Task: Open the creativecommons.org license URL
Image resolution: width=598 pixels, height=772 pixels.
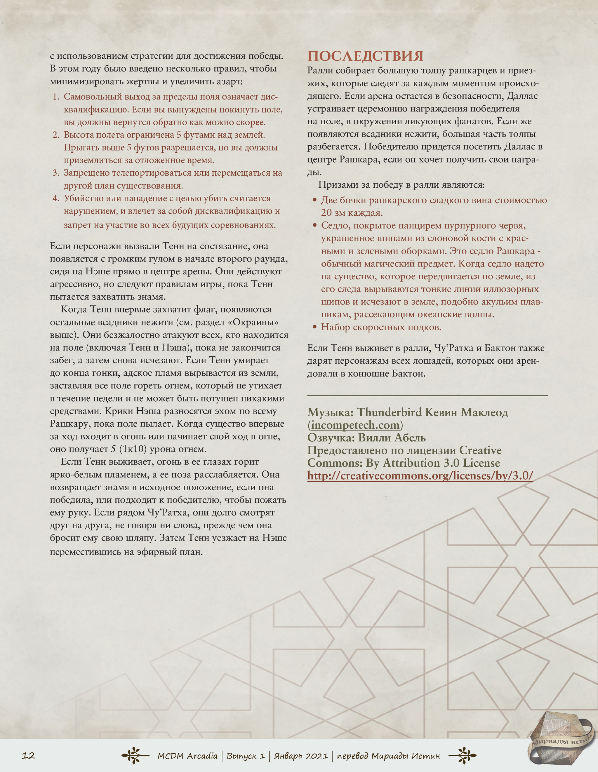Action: point(420,476)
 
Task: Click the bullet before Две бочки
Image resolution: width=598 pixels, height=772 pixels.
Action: point(315,201)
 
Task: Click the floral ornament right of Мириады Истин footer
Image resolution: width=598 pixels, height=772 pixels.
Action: point(462,756)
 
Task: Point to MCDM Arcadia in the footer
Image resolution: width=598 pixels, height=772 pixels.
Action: point(187,756)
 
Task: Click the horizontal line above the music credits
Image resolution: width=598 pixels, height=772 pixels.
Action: point(427,395)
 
